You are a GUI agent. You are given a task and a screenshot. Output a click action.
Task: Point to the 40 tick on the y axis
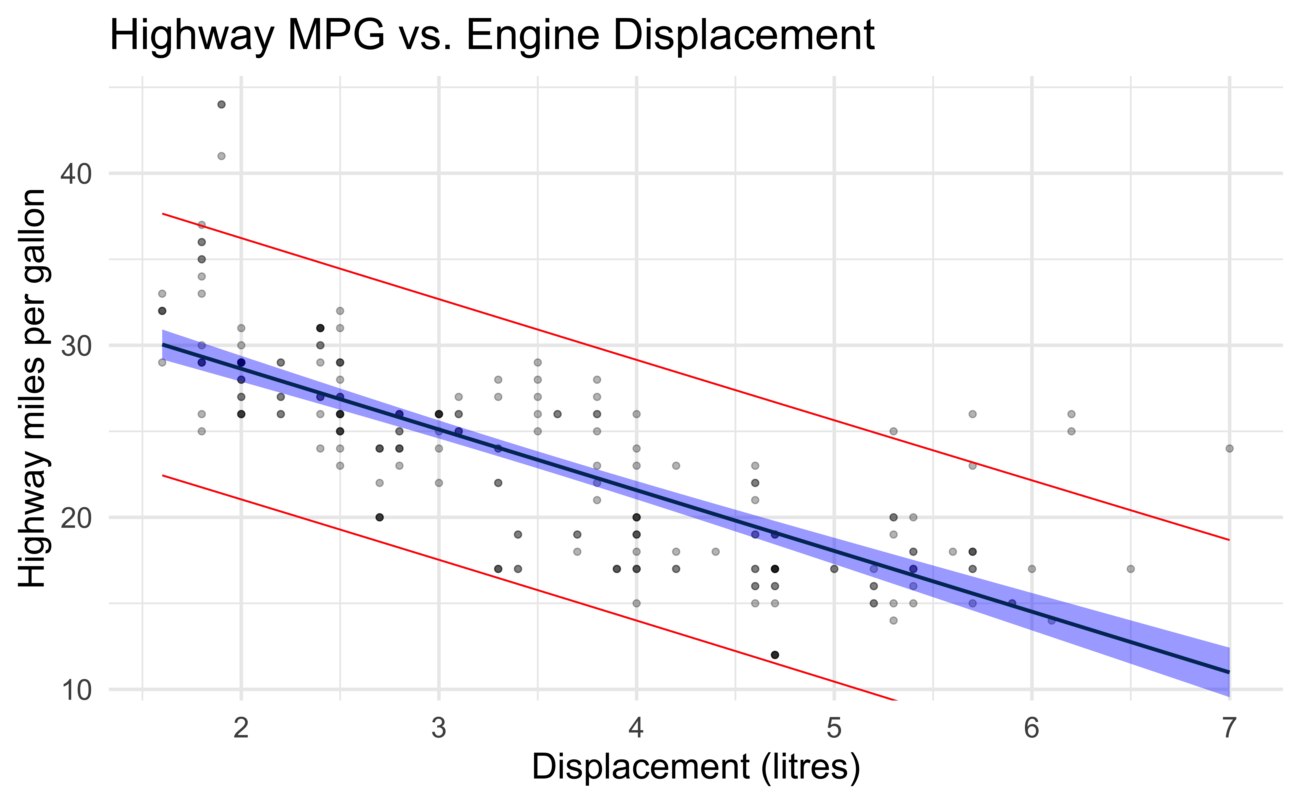click(x=76, y=174)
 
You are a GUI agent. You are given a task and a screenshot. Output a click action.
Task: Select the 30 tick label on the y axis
click(x=76, y=346)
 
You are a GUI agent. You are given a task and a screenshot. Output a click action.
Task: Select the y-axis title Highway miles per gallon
click(x=33, y=388)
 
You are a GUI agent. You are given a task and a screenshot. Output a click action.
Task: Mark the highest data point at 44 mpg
click(x=222, y=104)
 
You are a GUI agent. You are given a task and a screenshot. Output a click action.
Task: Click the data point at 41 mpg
click(x=222, y=156)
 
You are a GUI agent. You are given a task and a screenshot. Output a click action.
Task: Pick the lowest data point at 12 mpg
click(x=775, y=655)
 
